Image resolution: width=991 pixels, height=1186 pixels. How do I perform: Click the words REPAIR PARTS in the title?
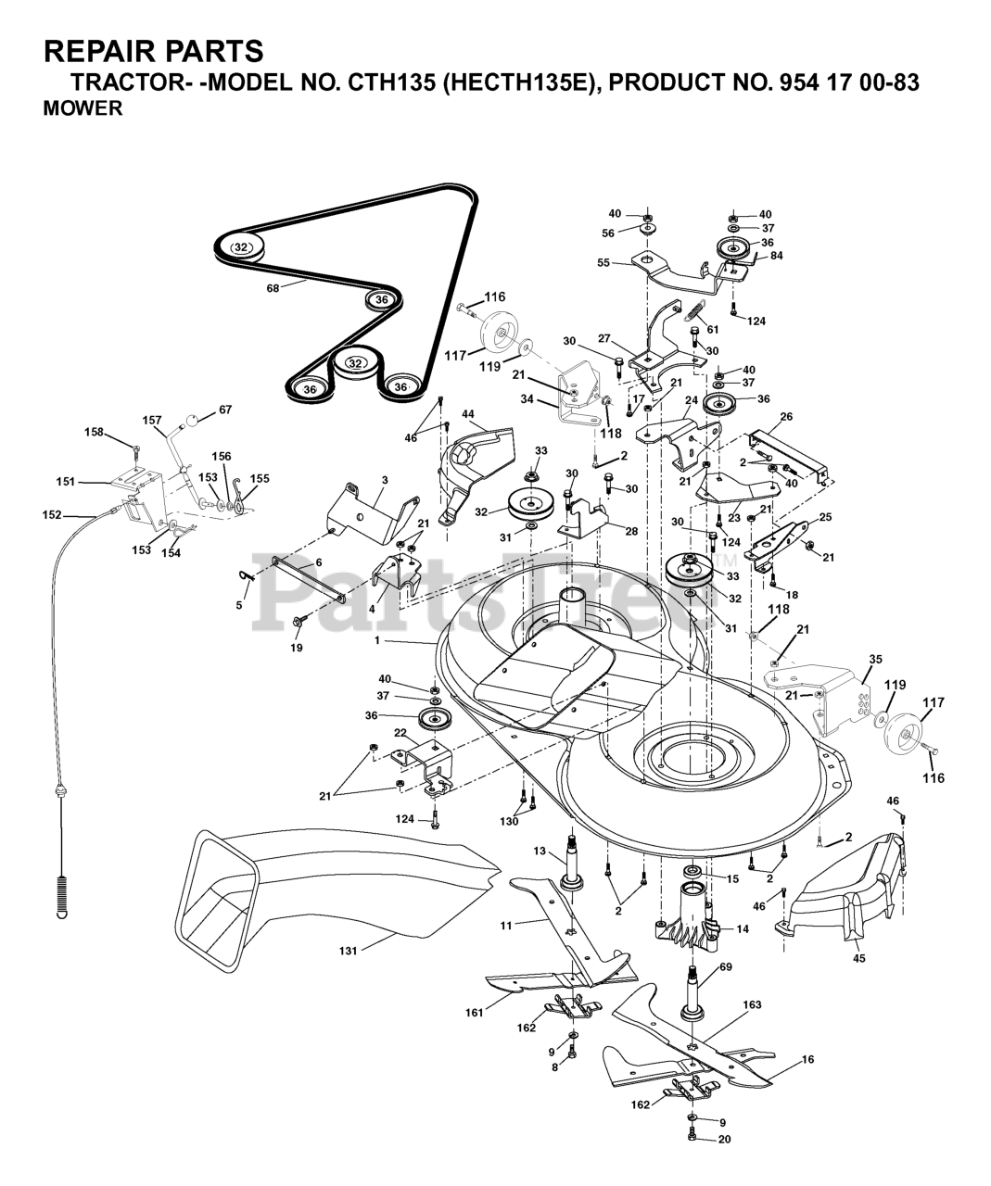(153, 51)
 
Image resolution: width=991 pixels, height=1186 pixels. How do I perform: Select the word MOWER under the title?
(83, 107)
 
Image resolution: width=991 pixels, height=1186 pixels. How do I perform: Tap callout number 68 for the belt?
(273, 288)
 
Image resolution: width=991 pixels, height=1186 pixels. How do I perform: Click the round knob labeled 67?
(193, 421)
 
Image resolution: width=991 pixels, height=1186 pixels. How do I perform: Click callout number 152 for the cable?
(52, 514)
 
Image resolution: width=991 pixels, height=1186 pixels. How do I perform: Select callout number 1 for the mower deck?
(376, 641)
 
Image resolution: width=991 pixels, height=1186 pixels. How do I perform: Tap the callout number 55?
(603, 262)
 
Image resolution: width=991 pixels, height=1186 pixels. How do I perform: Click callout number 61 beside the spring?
(713, 330)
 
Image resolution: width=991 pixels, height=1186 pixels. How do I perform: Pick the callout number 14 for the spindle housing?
(743, 929)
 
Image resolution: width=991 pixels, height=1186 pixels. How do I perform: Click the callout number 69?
(726, 966)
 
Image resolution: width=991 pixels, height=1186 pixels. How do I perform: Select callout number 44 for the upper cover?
(467, 415)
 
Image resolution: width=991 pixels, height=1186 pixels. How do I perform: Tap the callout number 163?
(752, 1004)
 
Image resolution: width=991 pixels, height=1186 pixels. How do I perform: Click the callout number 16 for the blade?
(807, 1059)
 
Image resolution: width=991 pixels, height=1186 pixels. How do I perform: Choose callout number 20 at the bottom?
(725, 1139)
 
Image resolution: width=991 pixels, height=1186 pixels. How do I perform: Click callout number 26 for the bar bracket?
(786, 416)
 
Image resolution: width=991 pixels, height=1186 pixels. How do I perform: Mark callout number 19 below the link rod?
(297, 648)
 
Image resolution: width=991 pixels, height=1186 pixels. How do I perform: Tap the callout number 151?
(65, 482)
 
